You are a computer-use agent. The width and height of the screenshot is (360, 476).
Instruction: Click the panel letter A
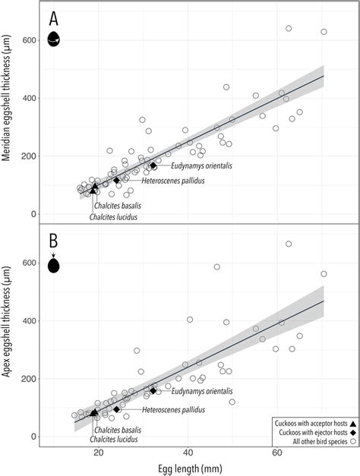(54, 18)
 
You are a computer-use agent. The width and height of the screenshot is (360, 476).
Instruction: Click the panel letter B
(54, 243)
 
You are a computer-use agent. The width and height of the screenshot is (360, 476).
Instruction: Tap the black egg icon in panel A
(54, 39)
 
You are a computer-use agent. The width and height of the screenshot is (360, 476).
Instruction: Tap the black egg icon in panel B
(54, 265)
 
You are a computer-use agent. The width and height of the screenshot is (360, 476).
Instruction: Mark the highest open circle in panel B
(289, 244)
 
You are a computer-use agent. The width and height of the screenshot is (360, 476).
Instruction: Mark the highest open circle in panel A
(289, 29)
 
